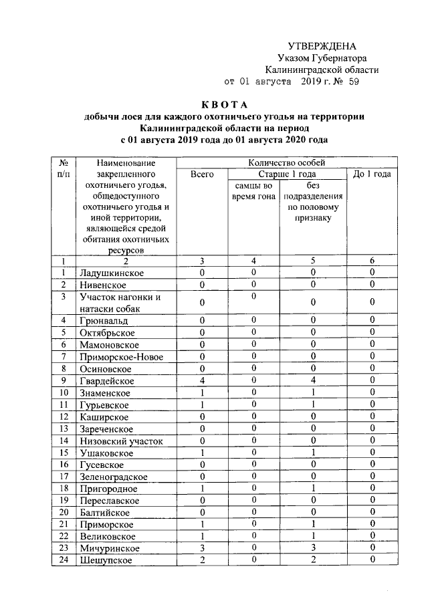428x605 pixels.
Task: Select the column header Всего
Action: [202, 174]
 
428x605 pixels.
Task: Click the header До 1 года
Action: [372, 174]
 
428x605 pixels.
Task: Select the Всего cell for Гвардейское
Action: [202, 380]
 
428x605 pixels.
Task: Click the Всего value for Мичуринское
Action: [202, 548]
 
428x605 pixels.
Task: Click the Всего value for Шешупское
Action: [202, 560]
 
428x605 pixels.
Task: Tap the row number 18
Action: [64, 488]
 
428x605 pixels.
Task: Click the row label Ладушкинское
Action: [111, 273]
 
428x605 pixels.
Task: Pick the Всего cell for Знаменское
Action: [202, 392]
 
